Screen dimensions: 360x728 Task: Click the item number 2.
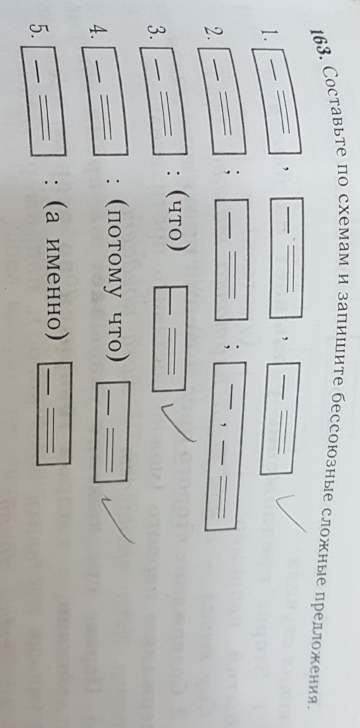tap(208, 38)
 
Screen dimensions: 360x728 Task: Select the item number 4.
tap(92, 34)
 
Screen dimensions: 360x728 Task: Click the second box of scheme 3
tap(170, 338)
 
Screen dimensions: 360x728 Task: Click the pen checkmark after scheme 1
tap(291, 516)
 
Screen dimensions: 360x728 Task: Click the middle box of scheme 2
tap(232, 258)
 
